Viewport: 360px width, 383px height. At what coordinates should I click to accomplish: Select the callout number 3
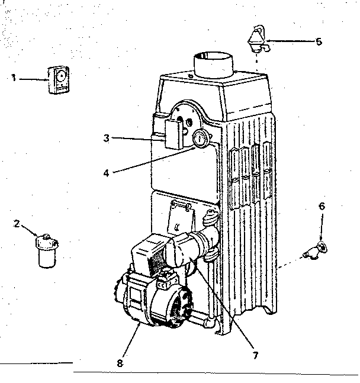point(106,139)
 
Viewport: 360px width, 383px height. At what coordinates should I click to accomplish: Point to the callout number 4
point(106,173)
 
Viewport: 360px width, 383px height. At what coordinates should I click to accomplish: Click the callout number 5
point(319,41)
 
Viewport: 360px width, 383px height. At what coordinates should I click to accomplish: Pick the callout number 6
point(322,206)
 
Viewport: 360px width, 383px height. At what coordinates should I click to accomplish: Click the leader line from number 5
point(290,41)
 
